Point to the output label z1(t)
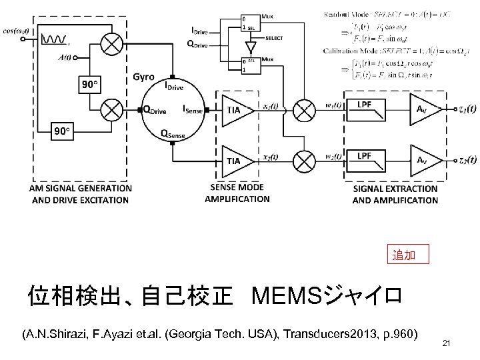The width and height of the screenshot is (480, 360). point(467,109)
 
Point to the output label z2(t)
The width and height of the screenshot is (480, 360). point(467,160)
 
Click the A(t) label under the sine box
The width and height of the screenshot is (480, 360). point(65,57)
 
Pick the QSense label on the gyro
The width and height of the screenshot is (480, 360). point(174,134)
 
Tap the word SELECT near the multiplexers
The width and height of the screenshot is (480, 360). point(273,38)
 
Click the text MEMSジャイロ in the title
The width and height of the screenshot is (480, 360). point(326,294)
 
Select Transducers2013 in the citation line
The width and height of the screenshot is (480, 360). point(324,333)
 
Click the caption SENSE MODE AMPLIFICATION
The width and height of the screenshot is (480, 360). point(237,193)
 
